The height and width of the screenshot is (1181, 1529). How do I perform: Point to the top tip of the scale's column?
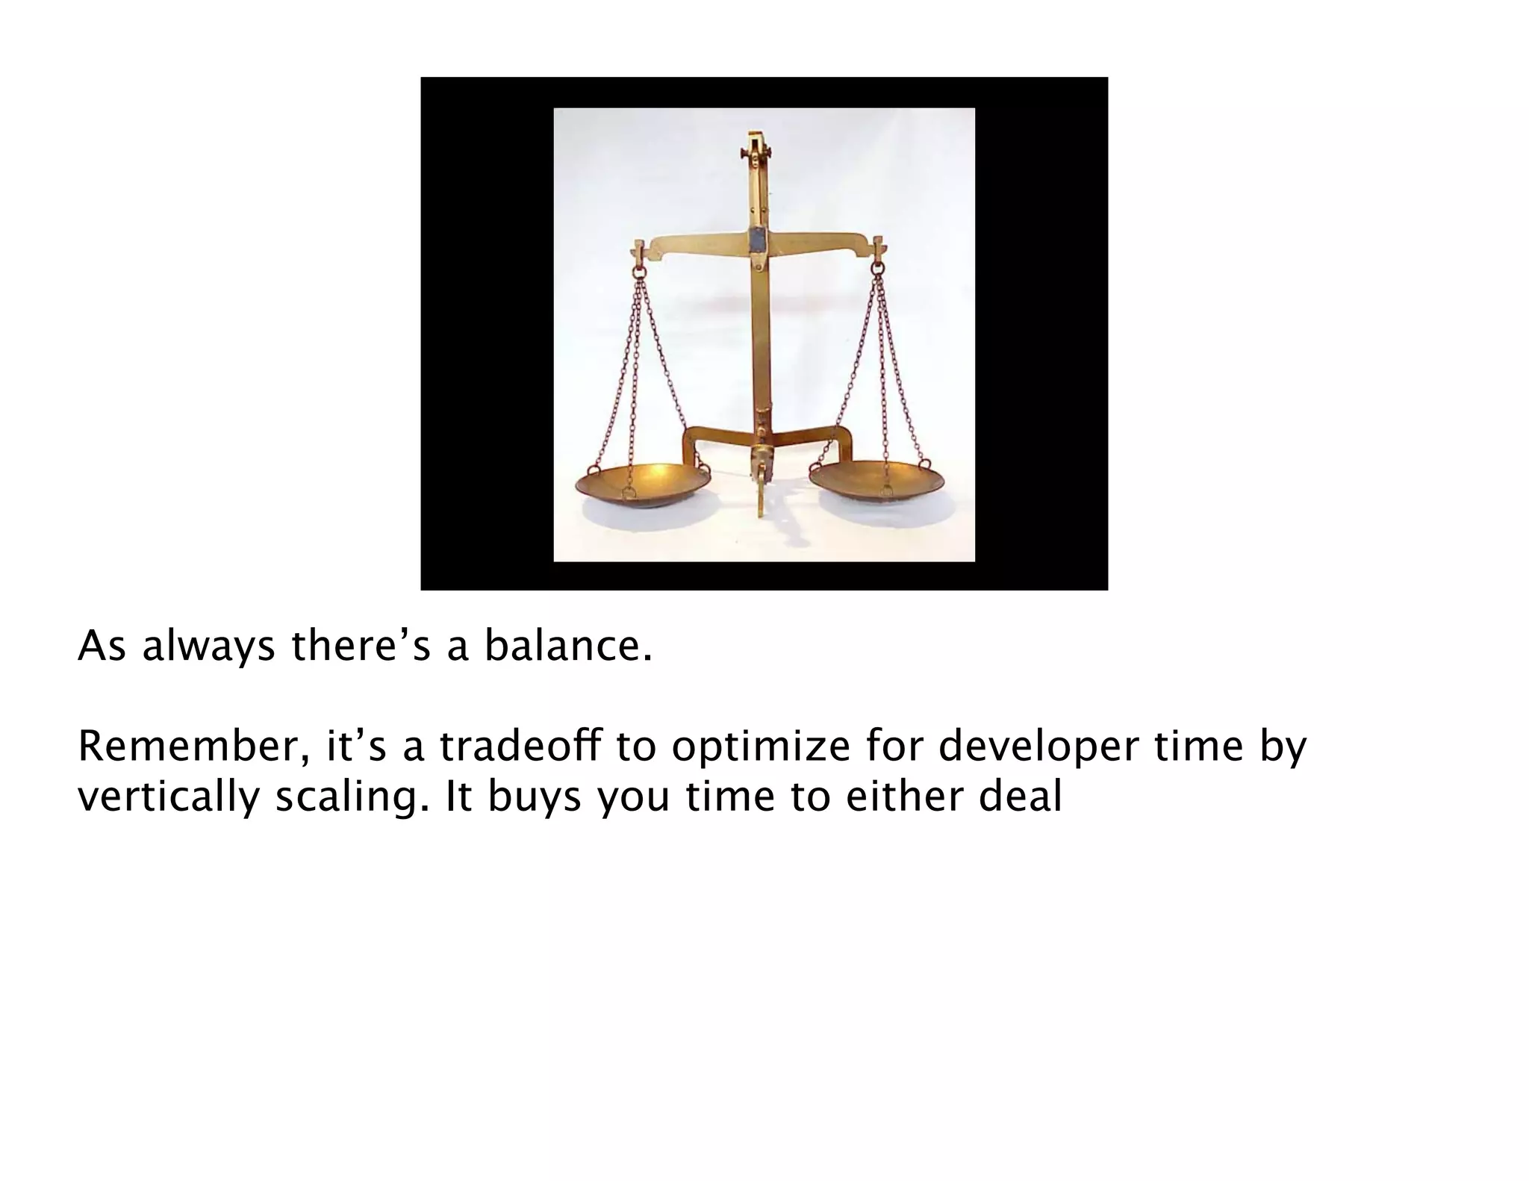tap(756, 135)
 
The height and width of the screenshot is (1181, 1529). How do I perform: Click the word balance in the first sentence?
tap(567, 646)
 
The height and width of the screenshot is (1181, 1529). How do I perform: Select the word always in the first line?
tap(208, 647)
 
